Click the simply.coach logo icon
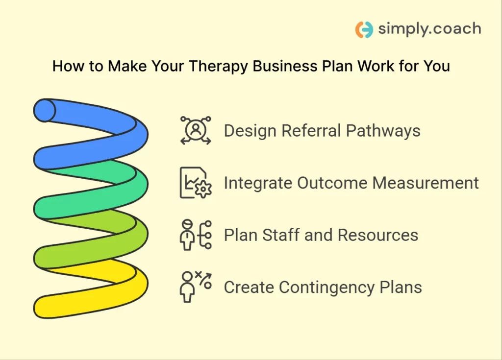364,29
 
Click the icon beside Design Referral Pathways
196,131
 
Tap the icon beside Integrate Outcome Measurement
196,183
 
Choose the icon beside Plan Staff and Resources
196,235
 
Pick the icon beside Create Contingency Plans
196,287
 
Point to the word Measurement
426,183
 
